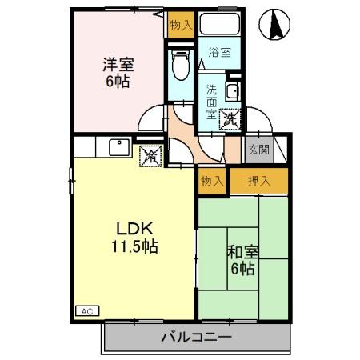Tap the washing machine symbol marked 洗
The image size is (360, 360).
pyautogui.click(x=230, y=119)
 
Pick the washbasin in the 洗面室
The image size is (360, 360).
pyautogui.click(x=233, y=91)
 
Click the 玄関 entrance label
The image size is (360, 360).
pyautogui.click(x=258, y=150)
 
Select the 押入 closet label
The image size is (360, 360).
pyautogui.click(x=258, y=181)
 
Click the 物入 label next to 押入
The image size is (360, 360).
pyautogui.click(x=211, y=181)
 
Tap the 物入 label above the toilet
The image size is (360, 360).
pyautogui.click(x=180, y=25)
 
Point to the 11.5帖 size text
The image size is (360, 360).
pyautogui.click(x=133, y=246)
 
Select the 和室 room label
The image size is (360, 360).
pyautogui.click(x=241, y=253)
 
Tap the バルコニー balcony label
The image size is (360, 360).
pyautogui.click(x=194, y=337)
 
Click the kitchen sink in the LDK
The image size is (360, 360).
pyautogui.click(x=118, y=147)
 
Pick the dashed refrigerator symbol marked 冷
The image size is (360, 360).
pyautogui.click(x=150, y=156)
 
